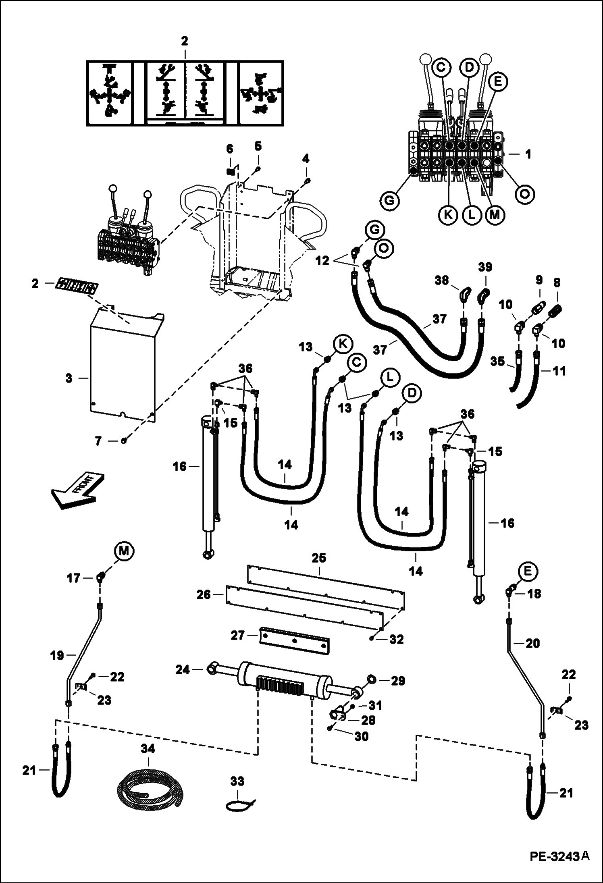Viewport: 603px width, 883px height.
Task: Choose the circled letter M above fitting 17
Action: pos(124,551)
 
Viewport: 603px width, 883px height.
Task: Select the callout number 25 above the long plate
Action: pos(319,559)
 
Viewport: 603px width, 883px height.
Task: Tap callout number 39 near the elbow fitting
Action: pos(485,268)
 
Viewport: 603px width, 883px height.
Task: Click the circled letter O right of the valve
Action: pos(525,194)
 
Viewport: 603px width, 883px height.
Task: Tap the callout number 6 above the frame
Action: pos(229,149)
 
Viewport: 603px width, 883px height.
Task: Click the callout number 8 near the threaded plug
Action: pos(557,282)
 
